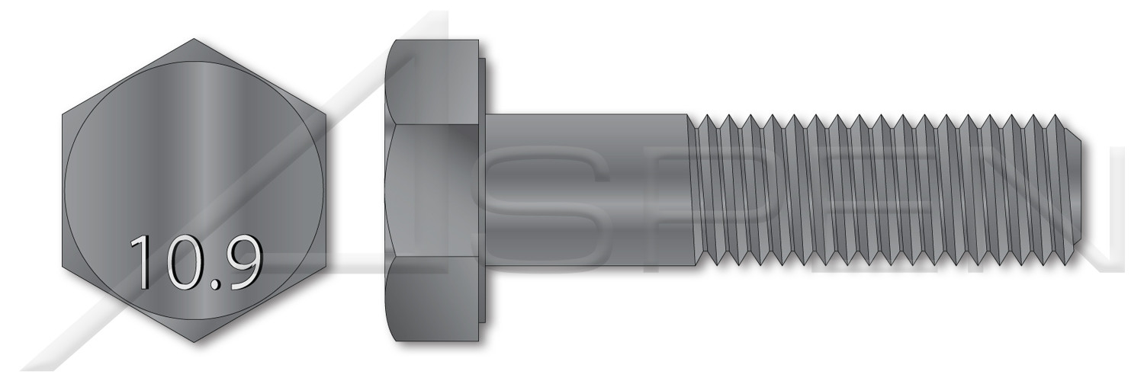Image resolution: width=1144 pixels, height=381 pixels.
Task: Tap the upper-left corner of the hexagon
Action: pyautogui.click(x=63, y=115)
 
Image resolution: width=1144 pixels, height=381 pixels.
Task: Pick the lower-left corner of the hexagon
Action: pyautogui.click(x=63, y=265)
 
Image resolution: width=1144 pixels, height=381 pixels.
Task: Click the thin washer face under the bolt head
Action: pyautogui.click(x=484, y=190)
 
